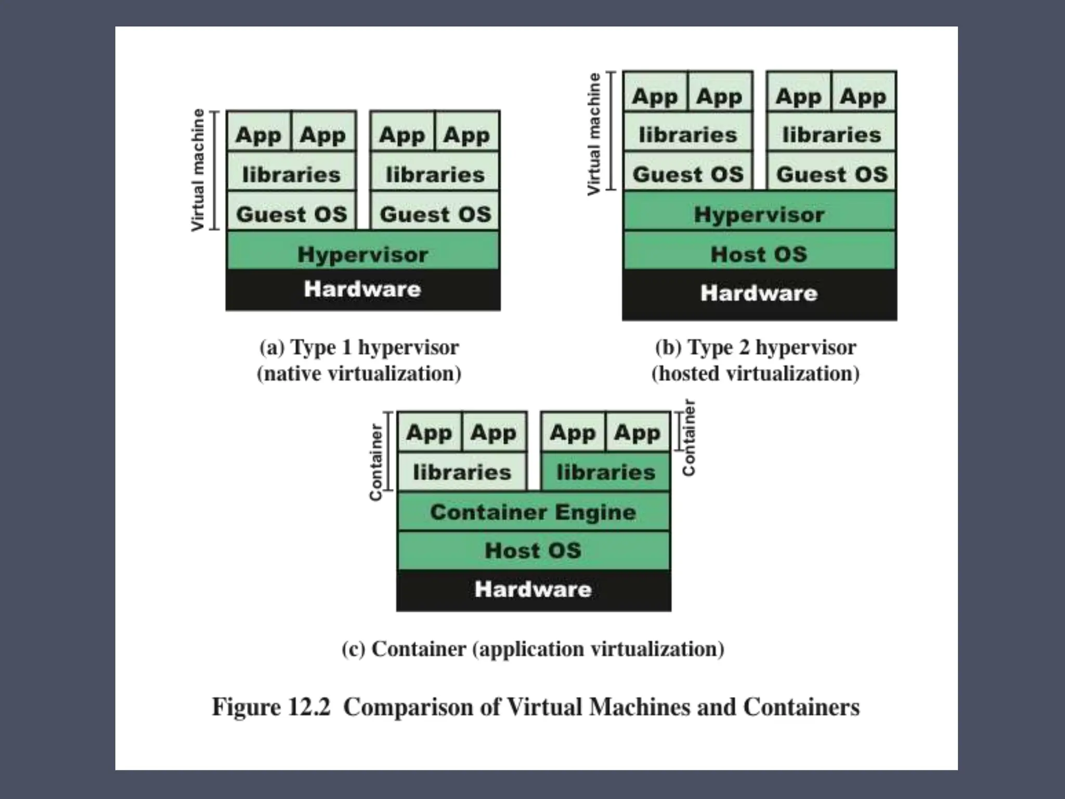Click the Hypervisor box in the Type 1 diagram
coord(362,254)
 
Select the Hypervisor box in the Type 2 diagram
coord(759,214)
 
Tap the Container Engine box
coord(533,512)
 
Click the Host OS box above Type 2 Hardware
coord(759,254)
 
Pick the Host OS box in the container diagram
coord(533,550)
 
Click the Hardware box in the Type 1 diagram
coord(362,289)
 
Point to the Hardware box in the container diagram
coord(533,589)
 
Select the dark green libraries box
coord(606,472)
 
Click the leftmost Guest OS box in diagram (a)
coord(291,214)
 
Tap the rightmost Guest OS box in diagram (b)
coord(832,174)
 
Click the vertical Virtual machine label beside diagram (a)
coord(198,170)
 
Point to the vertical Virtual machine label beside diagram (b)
coord(594,134)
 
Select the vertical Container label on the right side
coord(689,437)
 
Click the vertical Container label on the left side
coord(375,462)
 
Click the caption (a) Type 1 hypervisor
coord(359,347)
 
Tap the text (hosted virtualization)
coord(755,373)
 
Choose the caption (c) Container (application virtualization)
coord(532,649)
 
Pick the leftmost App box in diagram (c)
coord(429,432)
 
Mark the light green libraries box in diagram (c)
coord(462,472)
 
